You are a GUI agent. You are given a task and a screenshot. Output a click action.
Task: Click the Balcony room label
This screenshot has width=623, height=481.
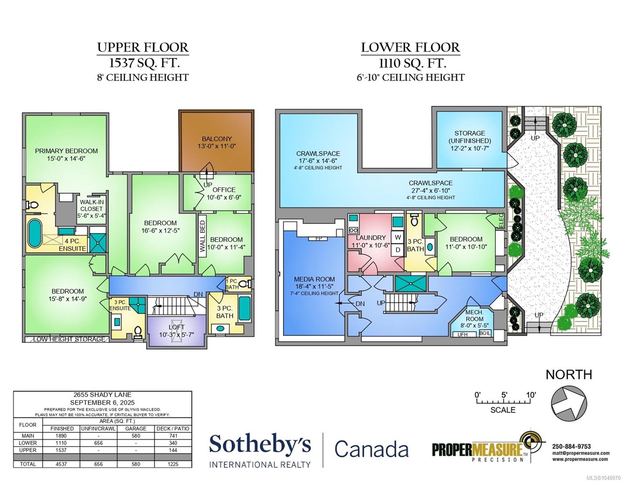point(217,142)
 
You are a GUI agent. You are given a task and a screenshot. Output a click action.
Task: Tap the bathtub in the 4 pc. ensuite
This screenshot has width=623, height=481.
point(34,233)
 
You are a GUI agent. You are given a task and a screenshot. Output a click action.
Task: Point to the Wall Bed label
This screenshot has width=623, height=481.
point(203,236)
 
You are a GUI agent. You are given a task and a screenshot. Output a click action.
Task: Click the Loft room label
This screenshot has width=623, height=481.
point(177,331)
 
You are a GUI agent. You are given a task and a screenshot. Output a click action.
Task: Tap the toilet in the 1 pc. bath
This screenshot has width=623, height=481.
point(245,284)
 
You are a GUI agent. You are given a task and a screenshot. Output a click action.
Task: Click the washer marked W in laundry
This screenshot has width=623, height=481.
point(398,237)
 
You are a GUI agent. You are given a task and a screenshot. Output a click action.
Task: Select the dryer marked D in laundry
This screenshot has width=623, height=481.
point(398,250)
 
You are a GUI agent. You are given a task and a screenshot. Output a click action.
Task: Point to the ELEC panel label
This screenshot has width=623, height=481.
point(501,220)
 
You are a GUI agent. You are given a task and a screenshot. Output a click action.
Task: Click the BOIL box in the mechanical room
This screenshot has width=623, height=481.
point(485,333)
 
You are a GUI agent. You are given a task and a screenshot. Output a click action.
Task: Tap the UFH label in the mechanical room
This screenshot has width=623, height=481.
point(463,334)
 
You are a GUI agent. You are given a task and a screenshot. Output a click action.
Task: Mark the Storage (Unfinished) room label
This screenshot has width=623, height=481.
point(470,141)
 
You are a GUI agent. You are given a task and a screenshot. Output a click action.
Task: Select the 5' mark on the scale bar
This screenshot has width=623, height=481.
point(504,395)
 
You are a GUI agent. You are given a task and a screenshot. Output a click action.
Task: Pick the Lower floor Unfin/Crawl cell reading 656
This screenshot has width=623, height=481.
point(98,443)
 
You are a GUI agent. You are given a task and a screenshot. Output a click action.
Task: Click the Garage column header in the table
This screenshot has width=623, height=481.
point(136,428)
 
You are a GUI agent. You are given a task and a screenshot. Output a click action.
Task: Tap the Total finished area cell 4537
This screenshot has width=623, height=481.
point(61,464)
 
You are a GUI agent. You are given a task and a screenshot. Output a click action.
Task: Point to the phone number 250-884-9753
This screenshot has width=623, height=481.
point(571,447)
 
